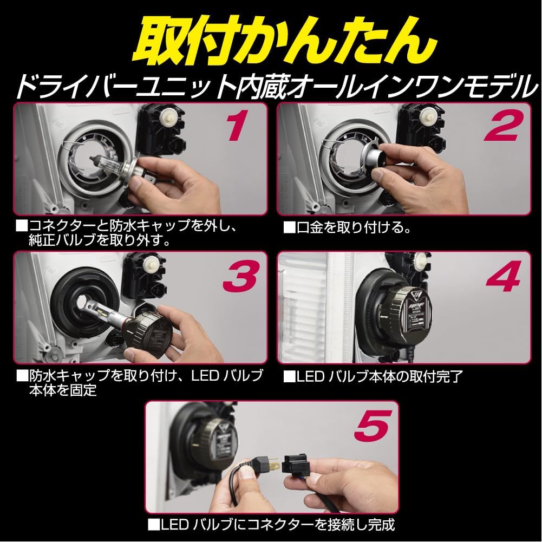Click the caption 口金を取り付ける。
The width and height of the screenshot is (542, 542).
347,227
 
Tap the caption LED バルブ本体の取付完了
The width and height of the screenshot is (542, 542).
374,375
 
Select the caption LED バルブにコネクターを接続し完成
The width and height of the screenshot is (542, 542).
271,525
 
